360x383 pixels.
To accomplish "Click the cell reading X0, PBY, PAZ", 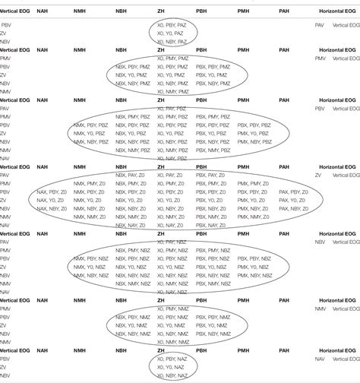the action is pyautogui.click(x=170, y=25).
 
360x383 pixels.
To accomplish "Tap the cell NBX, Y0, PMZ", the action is pyautogui.click(x=132, y=84).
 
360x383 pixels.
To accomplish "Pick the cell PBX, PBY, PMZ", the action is pyautogui.click(x=212, y=75).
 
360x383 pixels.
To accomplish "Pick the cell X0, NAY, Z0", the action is pyautogui.click(x=170, y=226).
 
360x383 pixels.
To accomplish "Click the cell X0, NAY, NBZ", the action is pyautogui.click(x=170, y=293).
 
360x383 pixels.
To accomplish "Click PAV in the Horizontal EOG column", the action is pyautogui.click(x=320, y=25).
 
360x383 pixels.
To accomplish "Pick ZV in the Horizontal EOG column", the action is pyautogui.click(x=320, y=175).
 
